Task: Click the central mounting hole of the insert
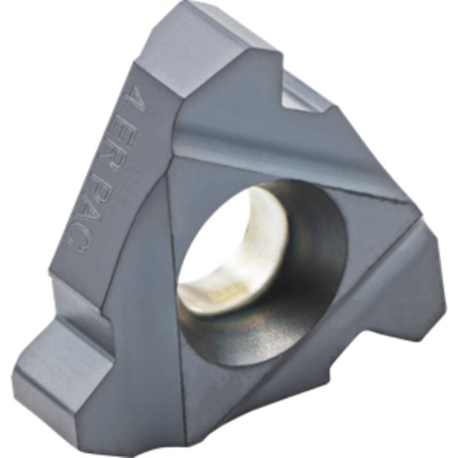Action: (x=258, y=258)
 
